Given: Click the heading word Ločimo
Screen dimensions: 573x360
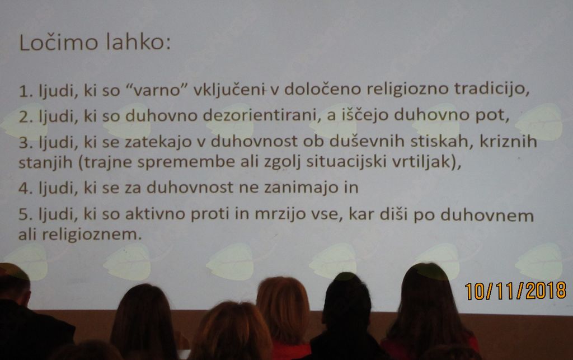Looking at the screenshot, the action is (x=58, y=42).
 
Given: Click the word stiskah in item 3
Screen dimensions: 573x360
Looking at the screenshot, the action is (x=439, y=142).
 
